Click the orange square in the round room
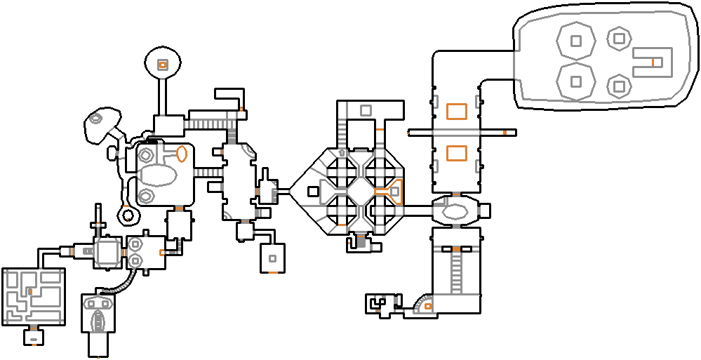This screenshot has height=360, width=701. coord(162,65)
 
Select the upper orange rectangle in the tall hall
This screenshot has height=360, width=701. coord(457,111)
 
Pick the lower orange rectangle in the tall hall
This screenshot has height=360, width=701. coord(457,152)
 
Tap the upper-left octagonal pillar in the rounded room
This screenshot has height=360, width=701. coord(575,42)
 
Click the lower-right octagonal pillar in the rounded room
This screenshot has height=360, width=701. coord(618,86)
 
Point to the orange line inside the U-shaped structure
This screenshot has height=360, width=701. coord(653,62)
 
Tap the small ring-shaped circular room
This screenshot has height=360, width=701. coord(127,214)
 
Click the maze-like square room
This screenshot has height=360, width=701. coord(34,295)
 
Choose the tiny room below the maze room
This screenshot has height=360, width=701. coord(34,338)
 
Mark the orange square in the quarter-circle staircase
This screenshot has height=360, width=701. coord(427,306)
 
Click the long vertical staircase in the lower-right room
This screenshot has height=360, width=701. coord(456,274)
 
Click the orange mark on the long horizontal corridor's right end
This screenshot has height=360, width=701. coord(504,132)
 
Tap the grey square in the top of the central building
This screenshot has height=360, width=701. coord(366,109)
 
